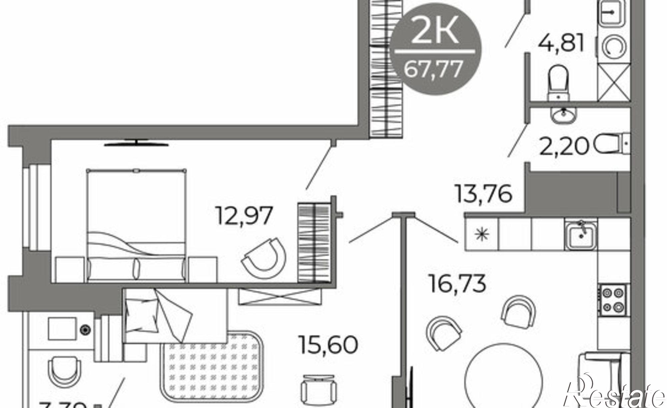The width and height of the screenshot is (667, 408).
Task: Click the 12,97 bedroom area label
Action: (x=244, y=216)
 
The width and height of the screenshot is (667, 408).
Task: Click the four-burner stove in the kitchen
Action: (x=613, y=300)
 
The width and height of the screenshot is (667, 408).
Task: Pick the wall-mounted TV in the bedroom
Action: (x=136, y=143)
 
